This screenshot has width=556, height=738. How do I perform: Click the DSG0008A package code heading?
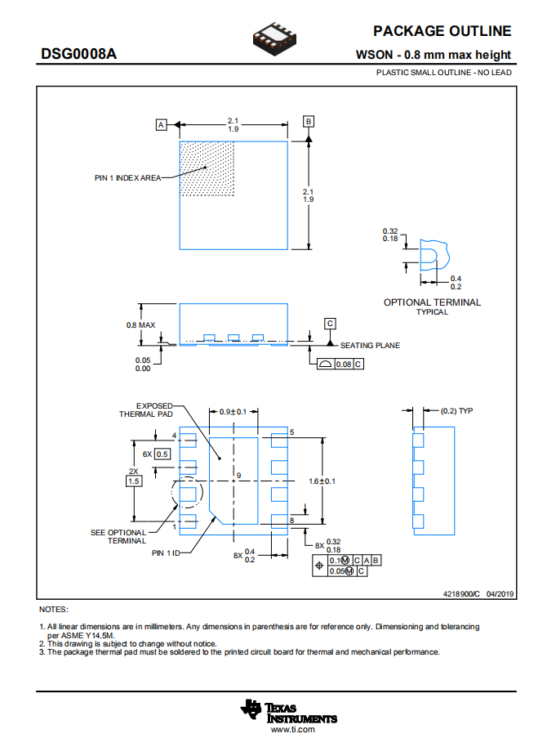tap(79, 54)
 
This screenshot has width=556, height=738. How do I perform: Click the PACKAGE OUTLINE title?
tap(442, 31)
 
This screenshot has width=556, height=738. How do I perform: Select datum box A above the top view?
tap(162, 125)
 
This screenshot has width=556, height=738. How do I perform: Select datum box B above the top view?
tap(309, 122)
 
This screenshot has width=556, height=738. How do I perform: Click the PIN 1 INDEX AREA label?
tap(127, 178)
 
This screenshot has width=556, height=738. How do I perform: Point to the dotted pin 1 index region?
tap(207, 168)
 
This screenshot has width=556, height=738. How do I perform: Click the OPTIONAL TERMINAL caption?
tap(432, 302)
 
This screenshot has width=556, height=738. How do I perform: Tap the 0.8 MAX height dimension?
tap(140, 324)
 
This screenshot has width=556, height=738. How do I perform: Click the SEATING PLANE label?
tap(370, 345)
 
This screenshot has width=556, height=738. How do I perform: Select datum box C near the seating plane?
tap(330, 324)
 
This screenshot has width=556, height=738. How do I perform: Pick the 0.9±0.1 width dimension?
tap(233, 411)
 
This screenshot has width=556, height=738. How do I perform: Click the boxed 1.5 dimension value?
tap(134, 481)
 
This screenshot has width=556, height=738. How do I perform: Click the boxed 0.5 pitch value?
tap(162, 454)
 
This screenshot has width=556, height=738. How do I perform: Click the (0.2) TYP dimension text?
tap(456, 410)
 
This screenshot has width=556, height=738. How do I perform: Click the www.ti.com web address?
tap(292, 728)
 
